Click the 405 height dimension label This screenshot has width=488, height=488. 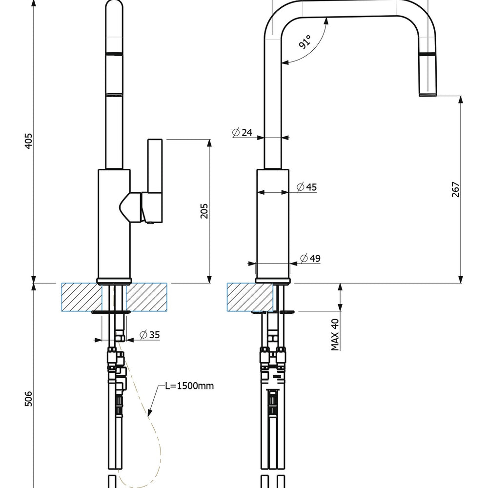28,141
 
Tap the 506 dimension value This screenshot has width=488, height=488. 28,399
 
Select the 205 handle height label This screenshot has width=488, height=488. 204,211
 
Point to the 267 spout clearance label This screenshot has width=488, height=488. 455,189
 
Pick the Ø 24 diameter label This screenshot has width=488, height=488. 242,132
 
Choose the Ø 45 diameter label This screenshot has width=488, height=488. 307,187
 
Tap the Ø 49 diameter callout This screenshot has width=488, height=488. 310,258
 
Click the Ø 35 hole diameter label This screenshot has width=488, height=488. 150,335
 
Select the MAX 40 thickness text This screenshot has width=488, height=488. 335,335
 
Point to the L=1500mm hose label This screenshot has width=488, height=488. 189,386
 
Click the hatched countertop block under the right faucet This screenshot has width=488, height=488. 250,297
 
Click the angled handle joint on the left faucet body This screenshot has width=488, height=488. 130,207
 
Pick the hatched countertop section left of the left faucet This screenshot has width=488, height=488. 82,297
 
